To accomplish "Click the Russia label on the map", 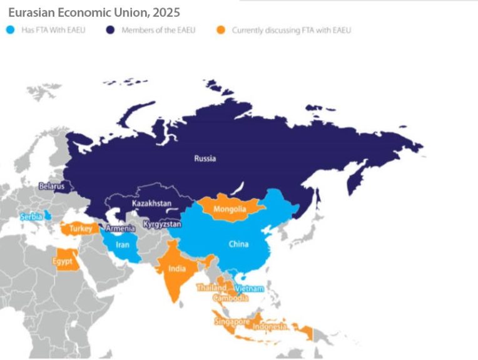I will [x=205, y=159].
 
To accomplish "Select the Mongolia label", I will [x=229, y=209].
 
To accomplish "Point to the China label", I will [x=239, y=244].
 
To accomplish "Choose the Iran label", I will [x=123, y=244].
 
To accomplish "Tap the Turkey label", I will [x=81, y=229].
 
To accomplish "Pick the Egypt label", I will [x=63, y=261].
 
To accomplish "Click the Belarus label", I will [x=51, y=186].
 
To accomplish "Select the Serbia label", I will [x=31, y=216].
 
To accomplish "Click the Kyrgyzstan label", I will [x=162, y=224].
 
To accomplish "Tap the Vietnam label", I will [x=250, y=289].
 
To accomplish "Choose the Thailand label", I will [x=211, y=287].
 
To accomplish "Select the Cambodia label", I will [x=230, y=298].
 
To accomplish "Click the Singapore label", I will [x=231, y=321].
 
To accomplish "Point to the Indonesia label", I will [x=270, y=326].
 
